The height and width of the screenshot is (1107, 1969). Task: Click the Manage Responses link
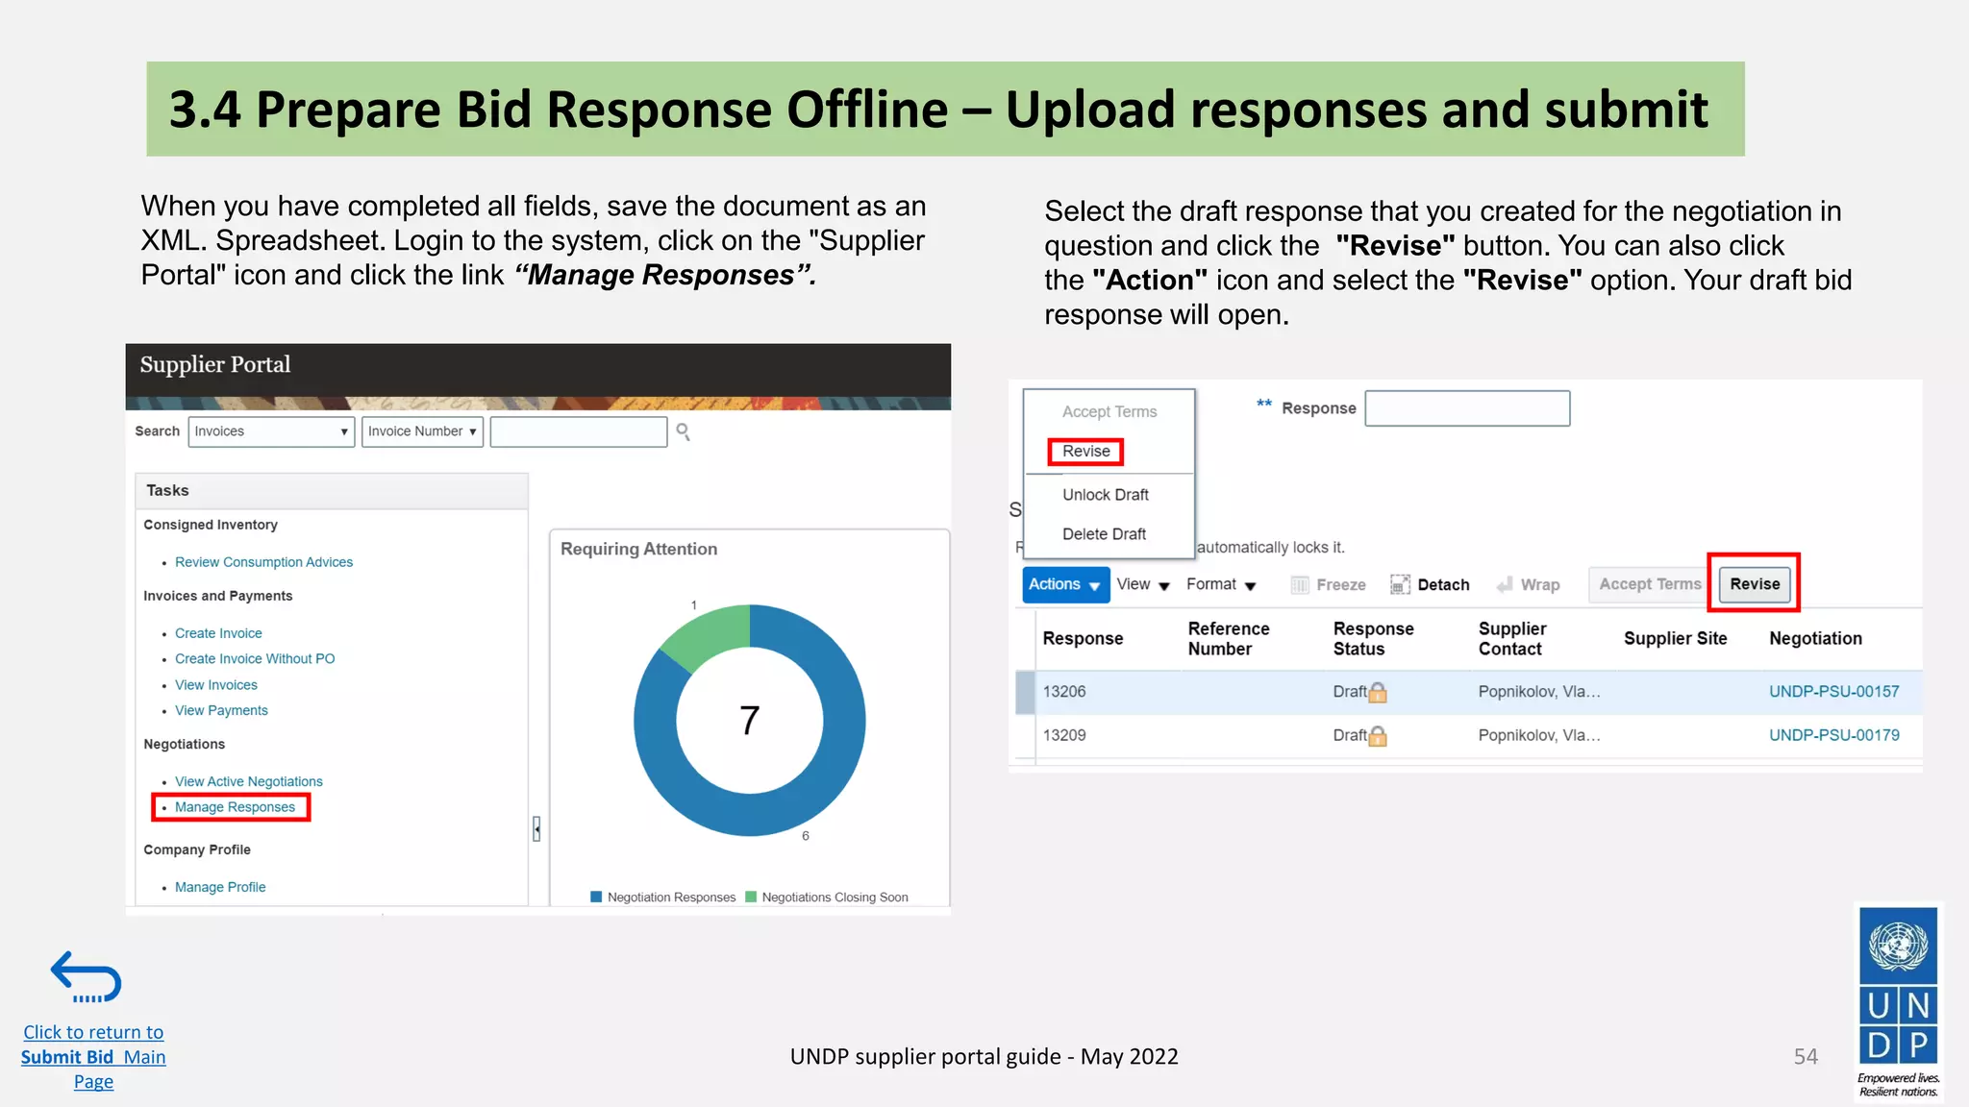(x=235, y=807)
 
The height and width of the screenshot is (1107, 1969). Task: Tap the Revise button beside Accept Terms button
(x=1755, y=584)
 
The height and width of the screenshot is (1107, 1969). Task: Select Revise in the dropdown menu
(x=1086, y=452)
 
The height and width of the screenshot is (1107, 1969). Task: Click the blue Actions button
(x=1064, y=584)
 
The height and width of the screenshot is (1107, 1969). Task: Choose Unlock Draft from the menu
(x=1106, y=495)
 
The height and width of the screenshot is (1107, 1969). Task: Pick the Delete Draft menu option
(x=1104, y=534)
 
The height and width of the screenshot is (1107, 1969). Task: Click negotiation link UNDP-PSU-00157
(x=1833, y=692)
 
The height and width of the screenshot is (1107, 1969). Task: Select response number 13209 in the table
(x=1064, y=735)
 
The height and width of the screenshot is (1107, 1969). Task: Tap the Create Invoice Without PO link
(x=255, y=659)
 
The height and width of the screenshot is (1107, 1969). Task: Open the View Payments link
(x=221, y=711)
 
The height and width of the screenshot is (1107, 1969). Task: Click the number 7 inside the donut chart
(x=750, y=721)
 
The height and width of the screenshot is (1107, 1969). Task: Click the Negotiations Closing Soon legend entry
(x=834, y=898)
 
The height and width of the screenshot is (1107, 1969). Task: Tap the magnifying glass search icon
(x=683, y=431)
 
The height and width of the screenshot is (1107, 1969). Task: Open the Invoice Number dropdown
(x=422, y=431)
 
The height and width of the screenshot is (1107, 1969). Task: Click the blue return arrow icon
(x=87, y=977)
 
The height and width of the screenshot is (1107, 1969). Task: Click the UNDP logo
(x=1898, y=999)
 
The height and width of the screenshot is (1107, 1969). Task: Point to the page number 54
(x=1806, y=1057)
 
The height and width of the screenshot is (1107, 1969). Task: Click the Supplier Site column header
(x=1675, y=639)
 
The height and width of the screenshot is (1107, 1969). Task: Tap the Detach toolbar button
(x=1431, y=585)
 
